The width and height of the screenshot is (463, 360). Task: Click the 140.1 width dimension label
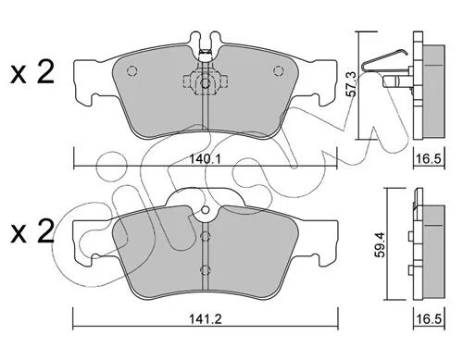205,159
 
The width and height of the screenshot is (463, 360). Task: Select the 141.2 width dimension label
206,318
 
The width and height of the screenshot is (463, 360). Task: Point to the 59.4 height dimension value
381,245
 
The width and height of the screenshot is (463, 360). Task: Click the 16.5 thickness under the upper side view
429,159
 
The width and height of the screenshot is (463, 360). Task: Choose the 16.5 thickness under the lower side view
429,318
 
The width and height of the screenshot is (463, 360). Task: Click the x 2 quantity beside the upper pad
32,72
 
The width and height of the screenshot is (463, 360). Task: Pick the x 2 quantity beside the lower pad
32,231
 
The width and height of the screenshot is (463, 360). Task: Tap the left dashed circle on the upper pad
131,71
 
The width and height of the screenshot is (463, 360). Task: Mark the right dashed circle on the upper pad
279,71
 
